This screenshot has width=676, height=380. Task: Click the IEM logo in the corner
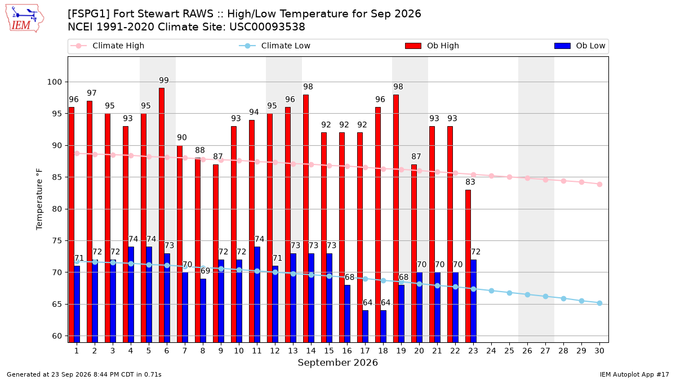(x=24, y=19)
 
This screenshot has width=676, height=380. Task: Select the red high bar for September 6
(x=162, y=215)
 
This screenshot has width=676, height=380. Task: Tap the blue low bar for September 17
(x=365, y=327)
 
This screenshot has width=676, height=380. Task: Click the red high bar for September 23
(x=468, y=266)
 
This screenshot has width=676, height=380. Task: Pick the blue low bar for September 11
(x=257, y=294)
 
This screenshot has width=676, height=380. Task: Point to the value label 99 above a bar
(x=164, y=81)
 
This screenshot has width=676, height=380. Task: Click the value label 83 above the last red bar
(x=470, y=182)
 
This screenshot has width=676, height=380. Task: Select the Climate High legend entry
(x=108, y=46)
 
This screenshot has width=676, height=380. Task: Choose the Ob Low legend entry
(x=580, y=46)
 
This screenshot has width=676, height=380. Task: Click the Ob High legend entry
(x=432, y=46)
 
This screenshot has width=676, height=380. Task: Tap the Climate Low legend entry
(x=274, y=46)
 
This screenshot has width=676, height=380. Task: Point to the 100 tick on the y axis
(x=54, y=82)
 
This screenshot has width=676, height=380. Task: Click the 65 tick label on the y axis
(x=57, y=305)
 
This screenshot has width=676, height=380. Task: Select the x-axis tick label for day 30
(x=599, y=351)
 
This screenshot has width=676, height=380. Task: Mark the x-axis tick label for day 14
(x=311, y=351)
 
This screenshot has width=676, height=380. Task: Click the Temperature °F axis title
(x=39, y=199)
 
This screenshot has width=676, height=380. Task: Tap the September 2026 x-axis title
(x=337, y=363)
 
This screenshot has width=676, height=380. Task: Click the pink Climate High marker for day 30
(x=599, y=184)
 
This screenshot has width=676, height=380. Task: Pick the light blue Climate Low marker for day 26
(x=527, y=294)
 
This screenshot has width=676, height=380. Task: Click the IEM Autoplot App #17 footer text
(x=634, y=374)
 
